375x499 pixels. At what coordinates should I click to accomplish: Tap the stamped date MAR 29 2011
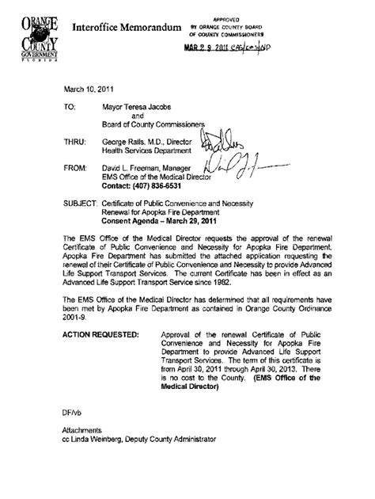tap(210, 48)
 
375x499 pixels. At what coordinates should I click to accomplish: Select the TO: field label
tap(69, 104)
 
